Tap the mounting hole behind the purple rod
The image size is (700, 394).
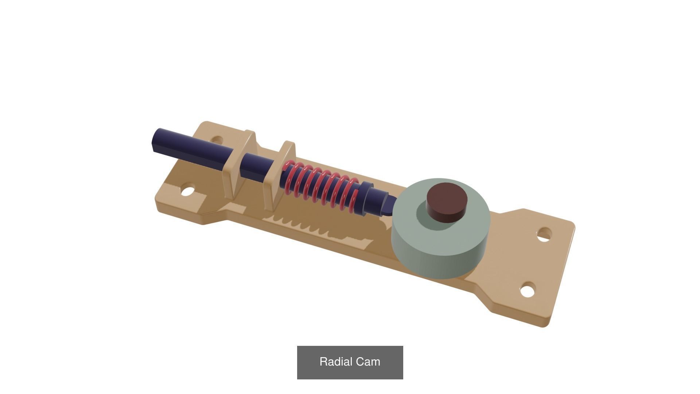coord(217,140)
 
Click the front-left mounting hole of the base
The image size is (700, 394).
coord(187,191)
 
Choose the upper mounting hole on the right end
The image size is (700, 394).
coord(544,235)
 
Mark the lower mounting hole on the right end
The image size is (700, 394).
coord(527,291)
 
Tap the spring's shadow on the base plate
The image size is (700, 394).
coord(321,226)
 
